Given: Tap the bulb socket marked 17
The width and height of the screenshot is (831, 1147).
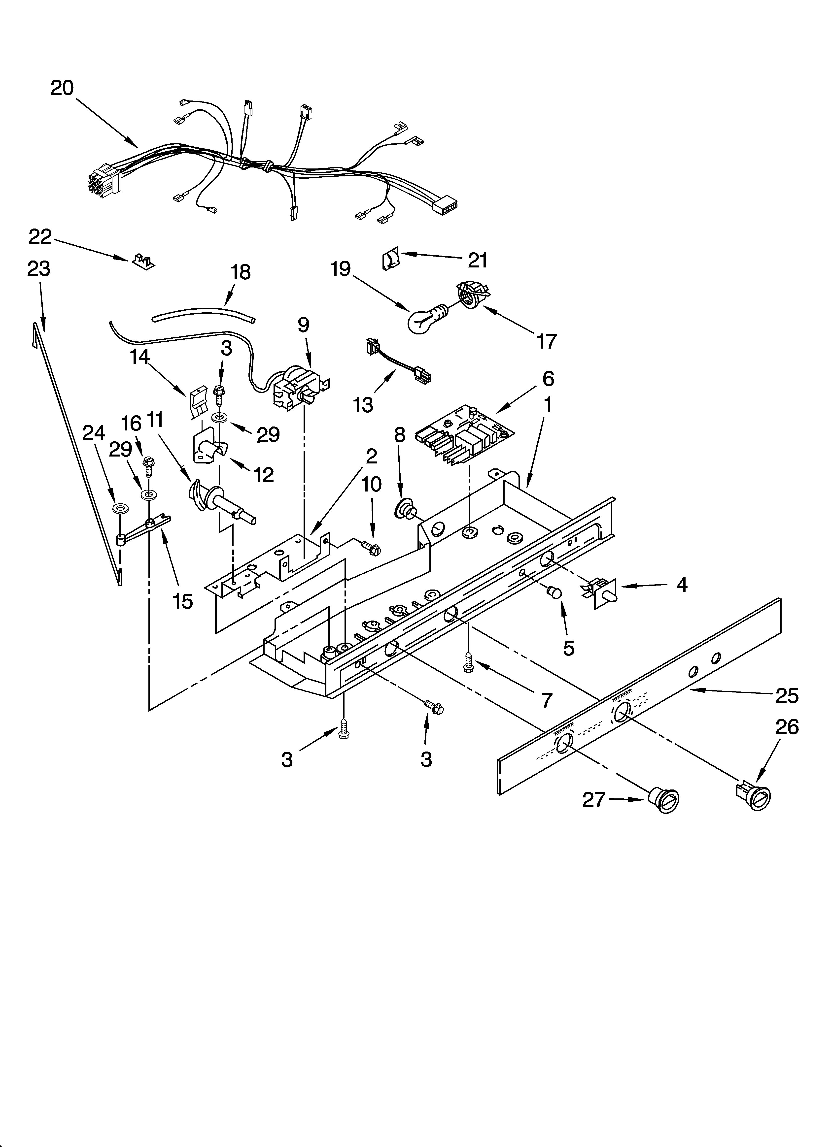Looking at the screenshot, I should click(x=472, y=295).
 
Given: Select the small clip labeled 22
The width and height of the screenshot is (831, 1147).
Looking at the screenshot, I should click(x=143, y=261).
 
